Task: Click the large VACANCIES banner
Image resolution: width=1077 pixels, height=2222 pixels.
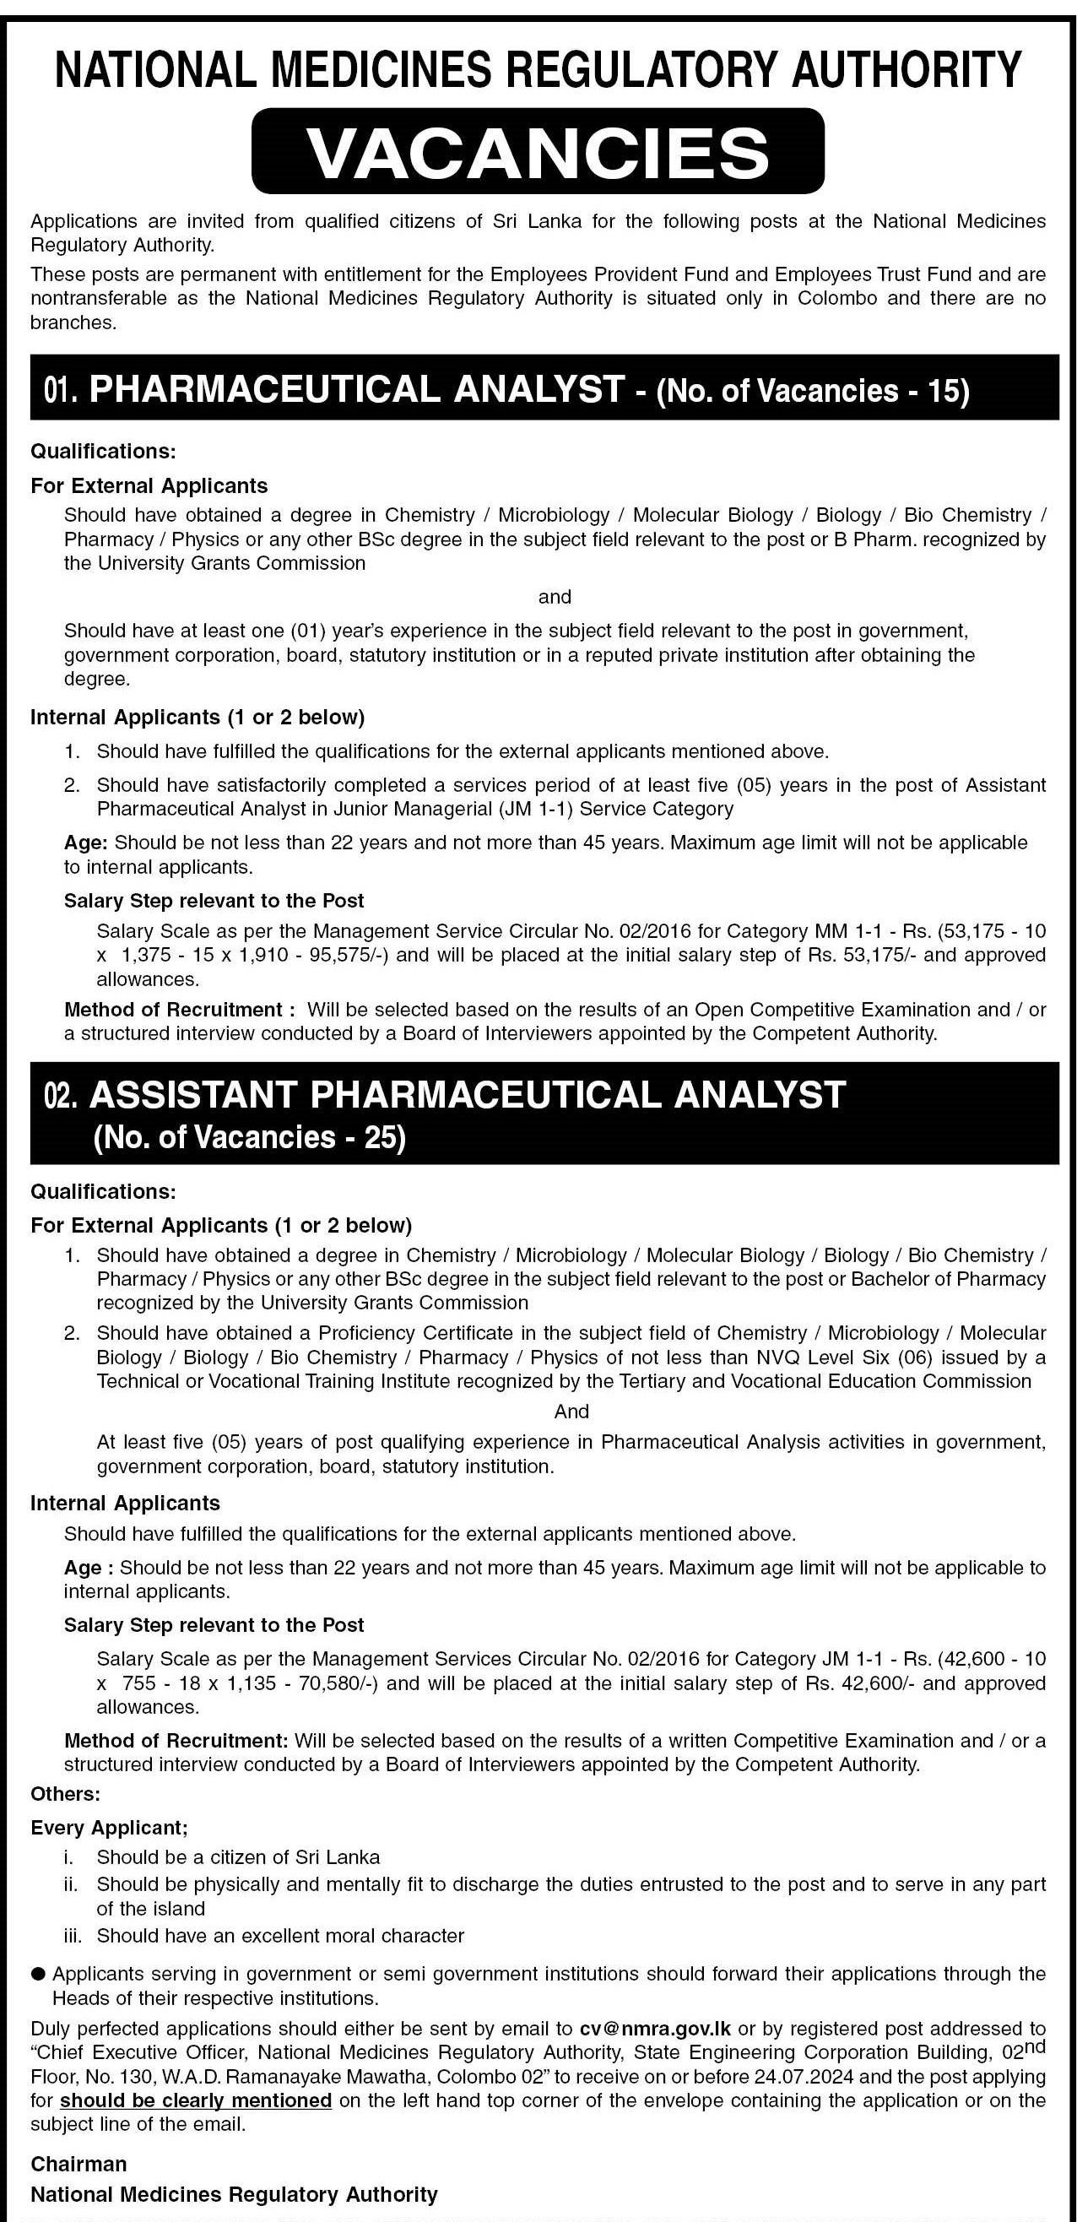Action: [x=538, y=152]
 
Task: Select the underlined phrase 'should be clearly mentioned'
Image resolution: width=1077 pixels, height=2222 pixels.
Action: [x=196, y=2100]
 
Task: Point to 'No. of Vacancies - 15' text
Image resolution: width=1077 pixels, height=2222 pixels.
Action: [x=813, y=391]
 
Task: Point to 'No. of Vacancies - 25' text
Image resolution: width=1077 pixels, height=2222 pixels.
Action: [x=249, y=1137]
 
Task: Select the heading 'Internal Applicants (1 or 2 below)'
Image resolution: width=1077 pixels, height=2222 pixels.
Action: [x=198, y=717]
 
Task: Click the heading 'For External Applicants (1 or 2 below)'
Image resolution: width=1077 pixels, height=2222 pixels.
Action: [x=221, y=1225]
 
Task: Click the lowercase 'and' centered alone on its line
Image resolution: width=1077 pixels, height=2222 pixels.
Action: [x=555, y=597]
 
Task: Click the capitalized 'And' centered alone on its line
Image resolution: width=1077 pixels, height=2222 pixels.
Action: [x=571, y=1412]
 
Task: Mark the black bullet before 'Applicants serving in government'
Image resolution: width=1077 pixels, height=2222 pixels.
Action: [x=38, y=1974]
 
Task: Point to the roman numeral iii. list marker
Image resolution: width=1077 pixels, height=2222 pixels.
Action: [x=75, y=1937]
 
